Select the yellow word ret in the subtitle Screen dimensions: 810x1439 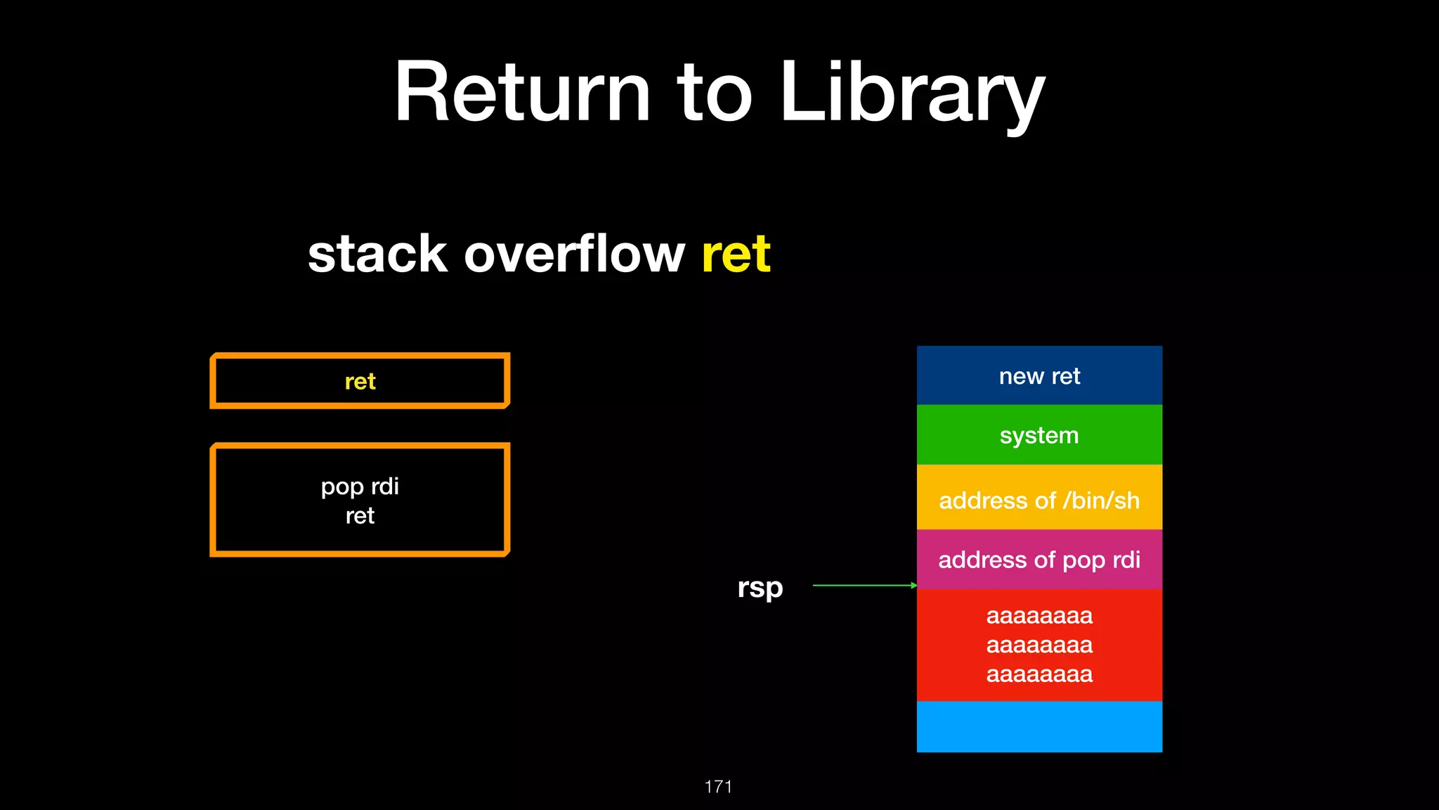pyautogui.click(x=736, y=254)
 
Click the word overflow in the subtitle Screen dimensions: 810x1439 pyautogui.click(x=574, y=254)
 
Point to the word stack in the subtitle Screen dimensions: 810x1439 pyautogui.click(x=377, y=254)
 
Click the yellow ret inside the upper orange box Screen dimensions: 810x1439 pyautogui.click(x=360, y=381)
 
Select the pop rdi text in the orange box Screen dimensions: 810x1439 pyautogui.click(x=360, y=486)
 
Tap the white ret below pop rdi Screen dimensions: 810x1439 pyautogui.click(x=360, y=516)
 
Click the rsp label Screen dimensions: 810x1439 pyautogui.click(x=760, y=587)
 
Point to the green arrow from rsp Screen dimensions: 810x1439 pyautogui.click(x=864, y=585)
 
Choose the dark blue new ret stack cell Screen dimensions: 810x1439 pyautogui.click(x=1039, y=376)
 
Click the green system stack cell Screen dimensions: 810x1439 pyautogui.click(x=1039, y=435)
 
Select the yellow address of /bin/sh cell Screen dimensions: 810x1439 pyautogui.click(x=1039, y=500)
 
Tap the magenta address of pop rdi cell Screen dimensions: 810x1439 pyautogui.click(x=1039, y=560)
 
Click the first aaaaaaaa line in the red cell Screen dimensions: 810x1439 pyautogui.click(x=1039, y=616)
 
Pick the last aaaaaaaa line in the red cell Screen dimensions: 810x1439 pyautogui.click(x=1039, y=674)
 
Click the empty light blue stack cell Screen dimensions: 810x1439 pyautogui.click(x=1039, y=726)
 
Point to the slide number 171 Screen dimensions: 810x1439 pyautogui.click(x=718, y=786)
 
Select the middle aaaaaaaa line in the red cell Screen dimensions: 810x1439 pyautogui.click(x=1039, y=645)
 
